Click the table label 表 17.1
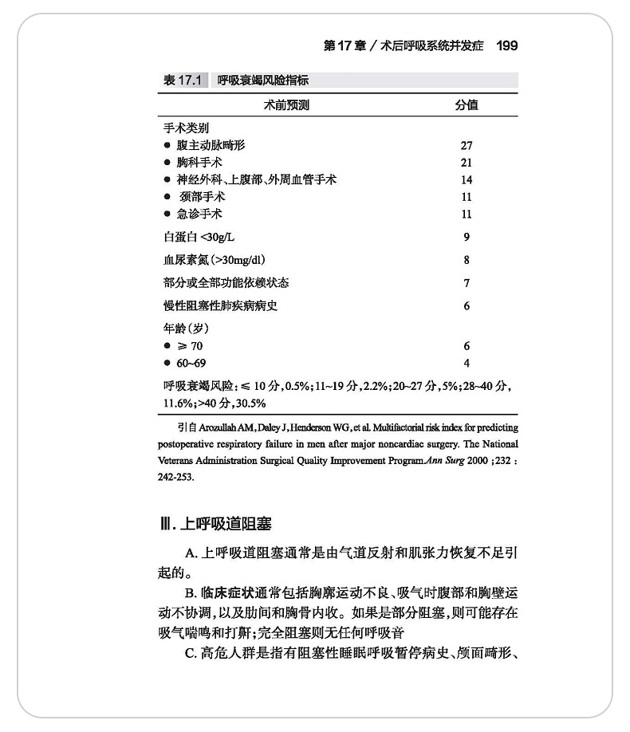[x=183, y=81]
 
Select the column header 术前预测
[x=286, y=104]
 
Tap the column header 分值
[x=467, y=104]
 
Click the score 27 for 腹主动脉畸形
[x=467, y=145]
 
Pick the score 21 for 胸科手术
[x=467, y=163]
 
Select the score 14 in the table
[x=467, y=179]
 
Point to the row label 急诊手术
[x=199, y=214]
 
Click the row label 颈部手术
[x=203, y=196]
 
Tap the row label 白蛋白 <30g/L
[x=205, y=237]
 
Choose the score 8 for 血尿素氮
[x=467, y=260]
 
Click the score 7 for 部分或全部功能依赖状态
[x=467, y=283]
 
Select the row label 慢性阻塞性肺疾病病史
[x=220, y=306]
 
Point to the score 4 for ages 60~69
[x=467, y=363]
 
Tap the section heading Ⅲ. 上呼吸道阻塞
[x=215, y=524]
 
